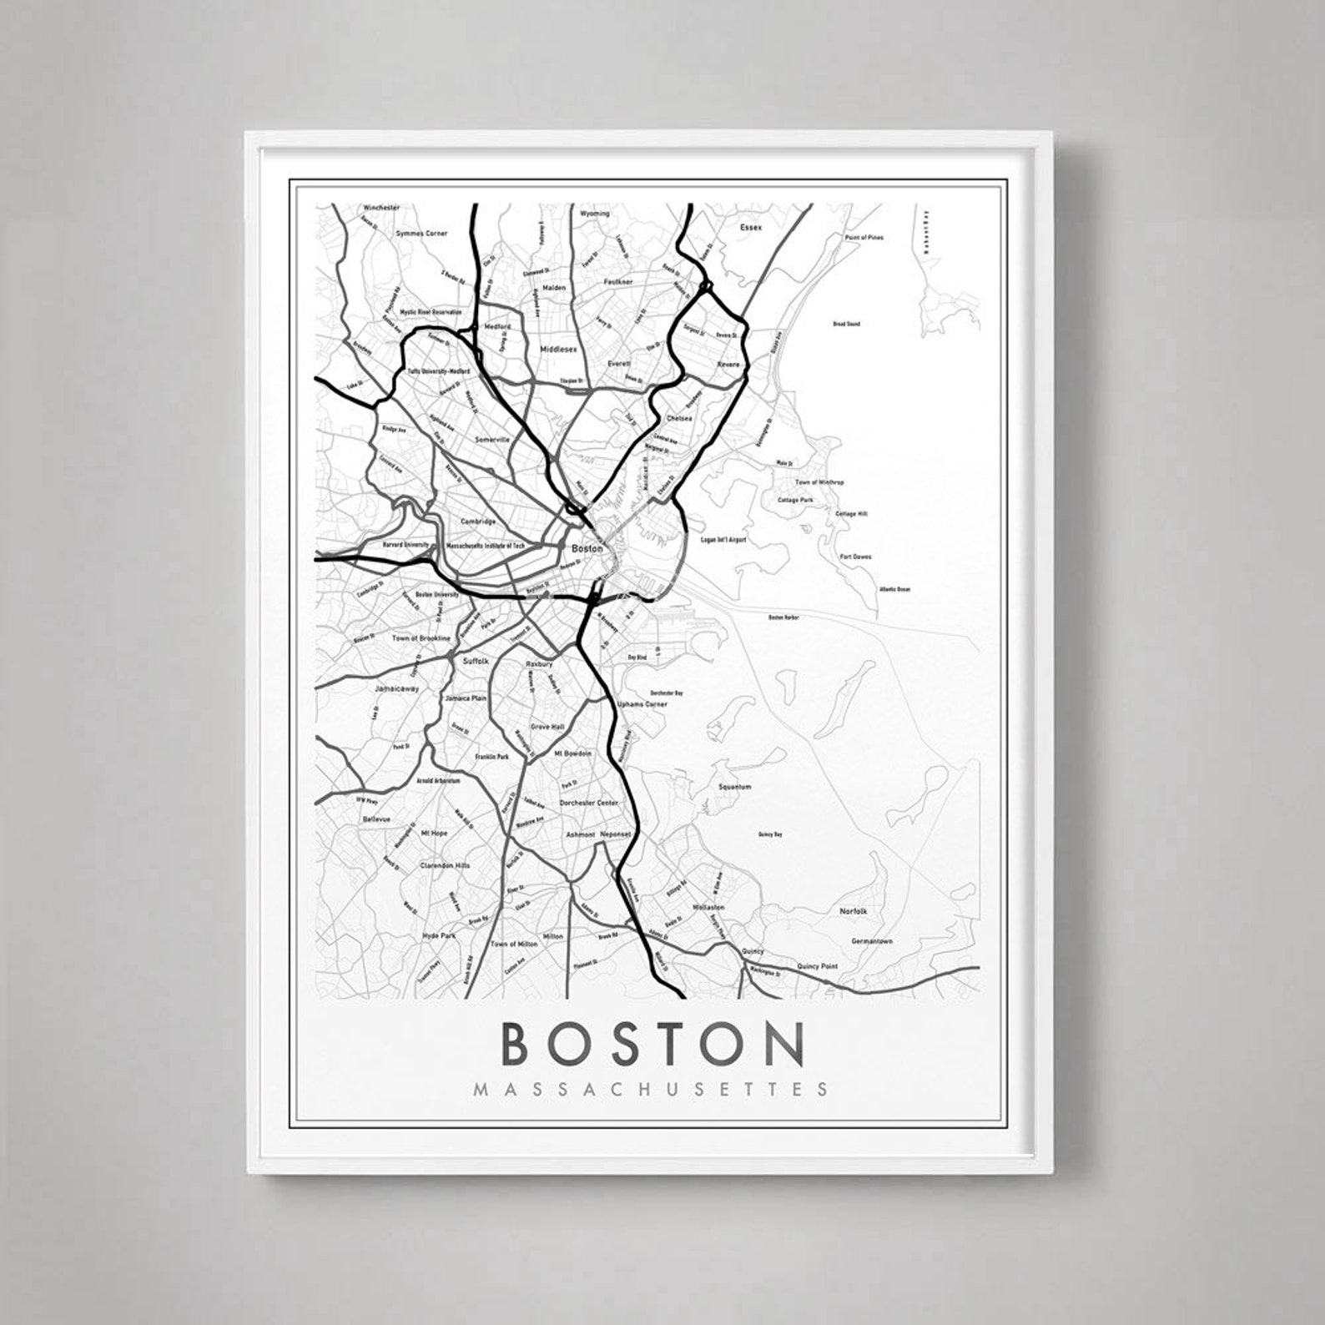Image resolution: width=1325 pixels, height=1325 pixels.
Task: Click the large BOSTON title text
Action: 653,1043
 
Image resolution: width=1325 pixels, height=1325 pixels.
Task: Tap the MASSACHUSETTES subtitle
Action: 651,1089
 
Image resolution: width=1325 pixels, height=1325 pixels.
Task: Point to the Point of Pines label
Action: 864,238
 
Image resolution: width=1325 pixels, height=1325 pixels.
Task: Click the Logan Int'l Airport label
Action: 723,540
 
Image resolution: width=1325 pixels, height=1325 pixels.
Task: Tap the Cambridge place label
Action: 478,521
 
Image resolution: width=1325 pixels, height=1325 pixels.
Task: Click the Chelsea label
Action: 679,418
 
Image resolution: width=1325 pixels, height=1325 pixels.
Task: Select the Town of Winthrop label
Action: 819,482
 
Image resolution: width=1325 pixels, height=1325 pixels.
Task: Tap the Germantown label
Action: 872,941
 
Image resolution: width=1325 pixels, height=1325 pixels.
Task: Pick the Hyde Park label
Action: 439,936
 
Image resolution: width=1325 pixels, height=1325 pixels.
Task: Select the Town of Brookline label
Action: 421,638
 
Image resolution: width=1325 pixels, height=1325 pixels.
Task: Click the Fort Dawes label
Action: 855,556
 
